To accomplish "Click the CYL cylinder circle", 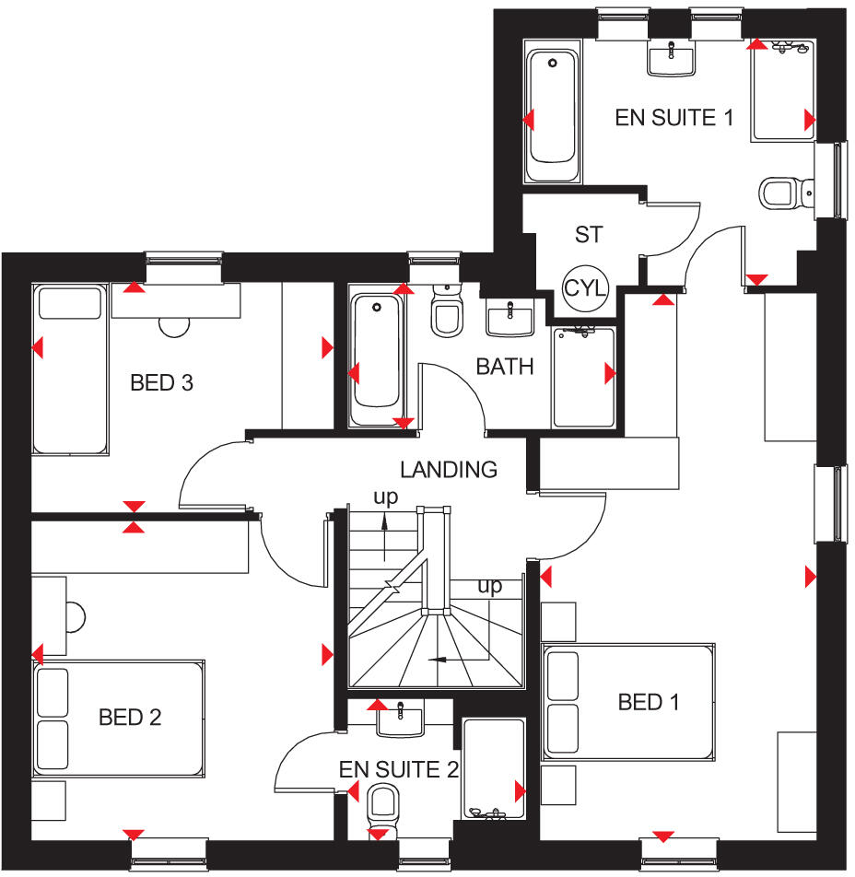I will pyautogui.click(x=586, y=287).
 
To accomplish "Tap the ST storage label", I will pyautogui.click(x=588, y=235).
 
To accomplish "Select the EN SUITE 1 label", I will pyautogui.click(x=675, y=118).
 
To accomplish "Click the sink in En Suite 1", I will pyautogui.click(x=672, y=58).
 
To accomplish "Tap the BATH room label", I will pyautogui.click(x=505, y=367).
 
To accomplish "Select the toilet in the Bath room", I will pyautogui.click(x=448, y=310).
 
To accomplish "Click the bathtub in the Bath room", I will pyautogui.click(x=375, y=359).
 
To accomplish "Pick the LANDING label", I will pyautogui.click(x=451, y=470).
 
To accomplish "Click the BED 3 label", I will pyautogui.click(x=161, y=382).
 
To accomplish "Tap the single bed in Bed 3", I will pyautogui.click(x=70, y=368).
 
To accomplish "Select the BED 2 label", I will pyautogui.click(x=130, y=717).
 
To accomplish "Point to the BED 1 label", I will pyautogui.click(x=649, y=703).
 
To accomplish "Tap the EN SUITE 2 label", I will pyautogui.click(x=398, y=769).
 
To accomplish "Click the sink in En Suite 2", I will pyautogui.click(x=401, y=717).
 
